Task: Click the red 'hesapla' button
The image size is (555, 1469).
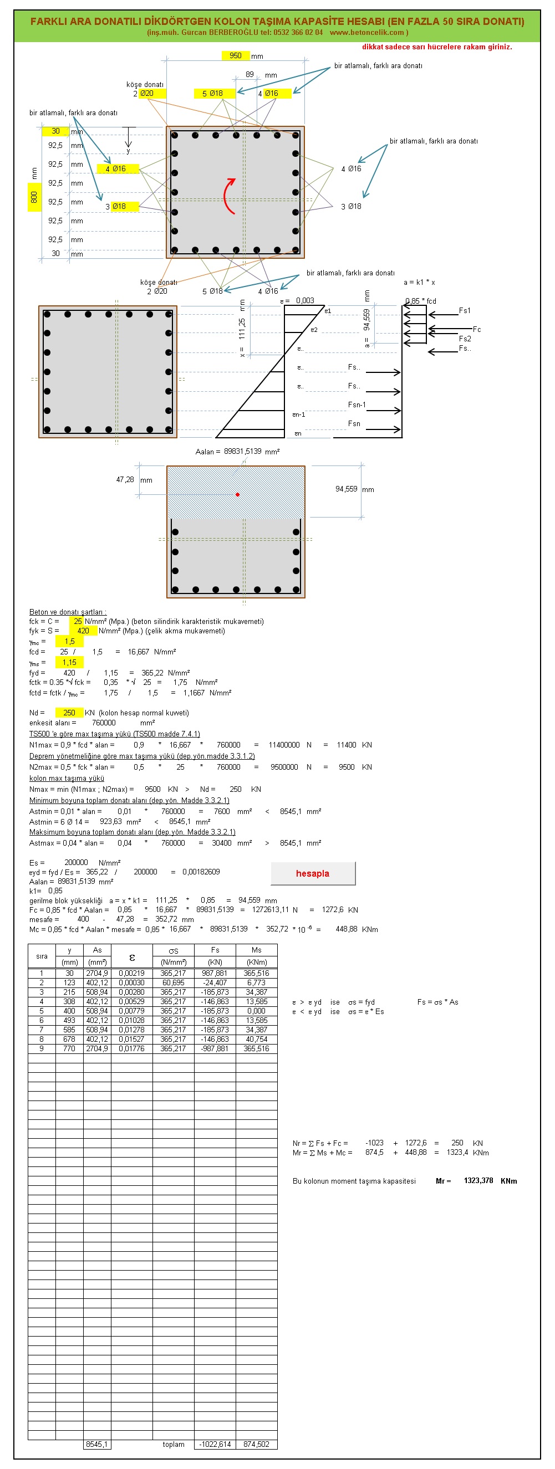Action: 313,873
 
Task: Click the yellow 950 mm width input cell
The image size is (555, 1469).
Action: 236,55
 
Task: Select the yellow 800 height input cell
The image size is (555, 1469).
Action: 34,197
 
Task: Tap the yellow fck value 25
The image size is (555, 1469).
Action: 77,621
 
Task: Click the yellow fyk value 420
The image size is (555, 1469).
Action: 83,631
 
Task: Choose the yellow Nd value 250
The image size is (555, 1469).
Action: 69,713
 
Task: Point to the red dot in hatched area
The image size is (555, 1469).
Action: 238,494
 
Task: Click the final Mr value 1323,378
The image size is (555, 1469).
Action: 478,1180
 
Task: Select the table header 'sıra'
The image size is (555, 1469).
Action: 42,956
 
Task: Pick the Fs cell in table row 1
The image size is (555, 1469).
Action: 215,973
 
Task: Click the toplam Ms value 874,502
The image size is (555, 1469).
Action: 256,1444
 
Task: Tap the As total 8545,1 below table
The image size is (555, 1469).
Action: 97,1444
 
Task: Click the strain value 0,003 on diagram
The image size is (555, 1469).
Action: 304,300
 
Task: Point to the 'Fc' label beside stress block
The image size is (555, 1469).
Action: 477,329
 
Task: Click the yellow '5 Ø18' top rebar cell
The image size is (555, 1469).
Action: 213,94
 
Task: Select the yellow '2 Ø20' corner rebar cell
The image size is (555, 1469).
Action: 147,94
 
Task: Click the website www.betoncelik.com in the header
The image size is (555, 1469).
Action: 367,33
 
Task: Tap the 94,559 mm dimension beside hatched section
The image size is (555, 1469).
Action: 346,489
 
